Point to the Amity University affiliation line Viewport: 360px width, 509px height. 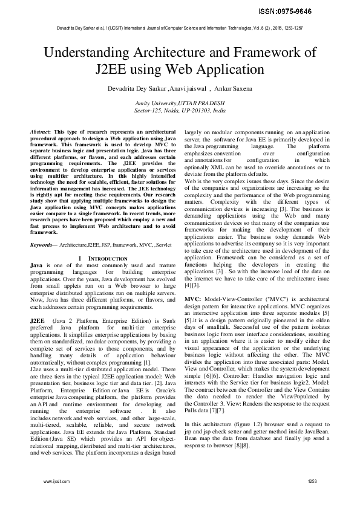tap(180, 104)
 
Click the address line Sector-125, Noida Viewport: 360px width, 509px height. tap(180, 111)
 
